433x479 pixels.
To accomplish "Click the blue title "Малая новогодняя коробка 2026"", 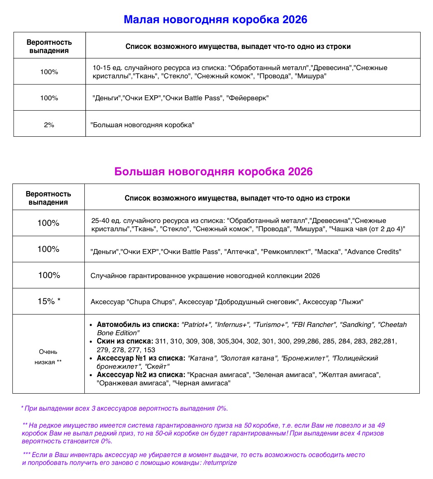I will (215, 19).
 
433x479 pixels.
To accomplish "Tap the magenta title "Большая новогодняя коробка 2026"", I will (213, 172).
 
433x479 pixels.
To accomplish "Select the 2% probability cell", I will (49, 124).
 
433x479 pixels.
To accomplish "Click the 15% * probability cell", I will (49, 301).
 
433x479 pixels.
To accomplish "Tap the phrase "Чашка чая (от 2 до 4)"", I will (366, 229).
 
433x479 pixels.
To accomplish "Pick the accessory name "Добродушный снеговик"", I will (257, 302).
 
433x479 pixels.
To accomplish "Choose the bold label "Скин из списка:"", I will (125, 341).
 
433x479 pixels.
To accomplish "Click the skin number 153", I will (149, 350).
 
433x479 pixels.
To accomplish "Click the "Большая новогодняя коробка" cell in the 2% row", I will (142, 124).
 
